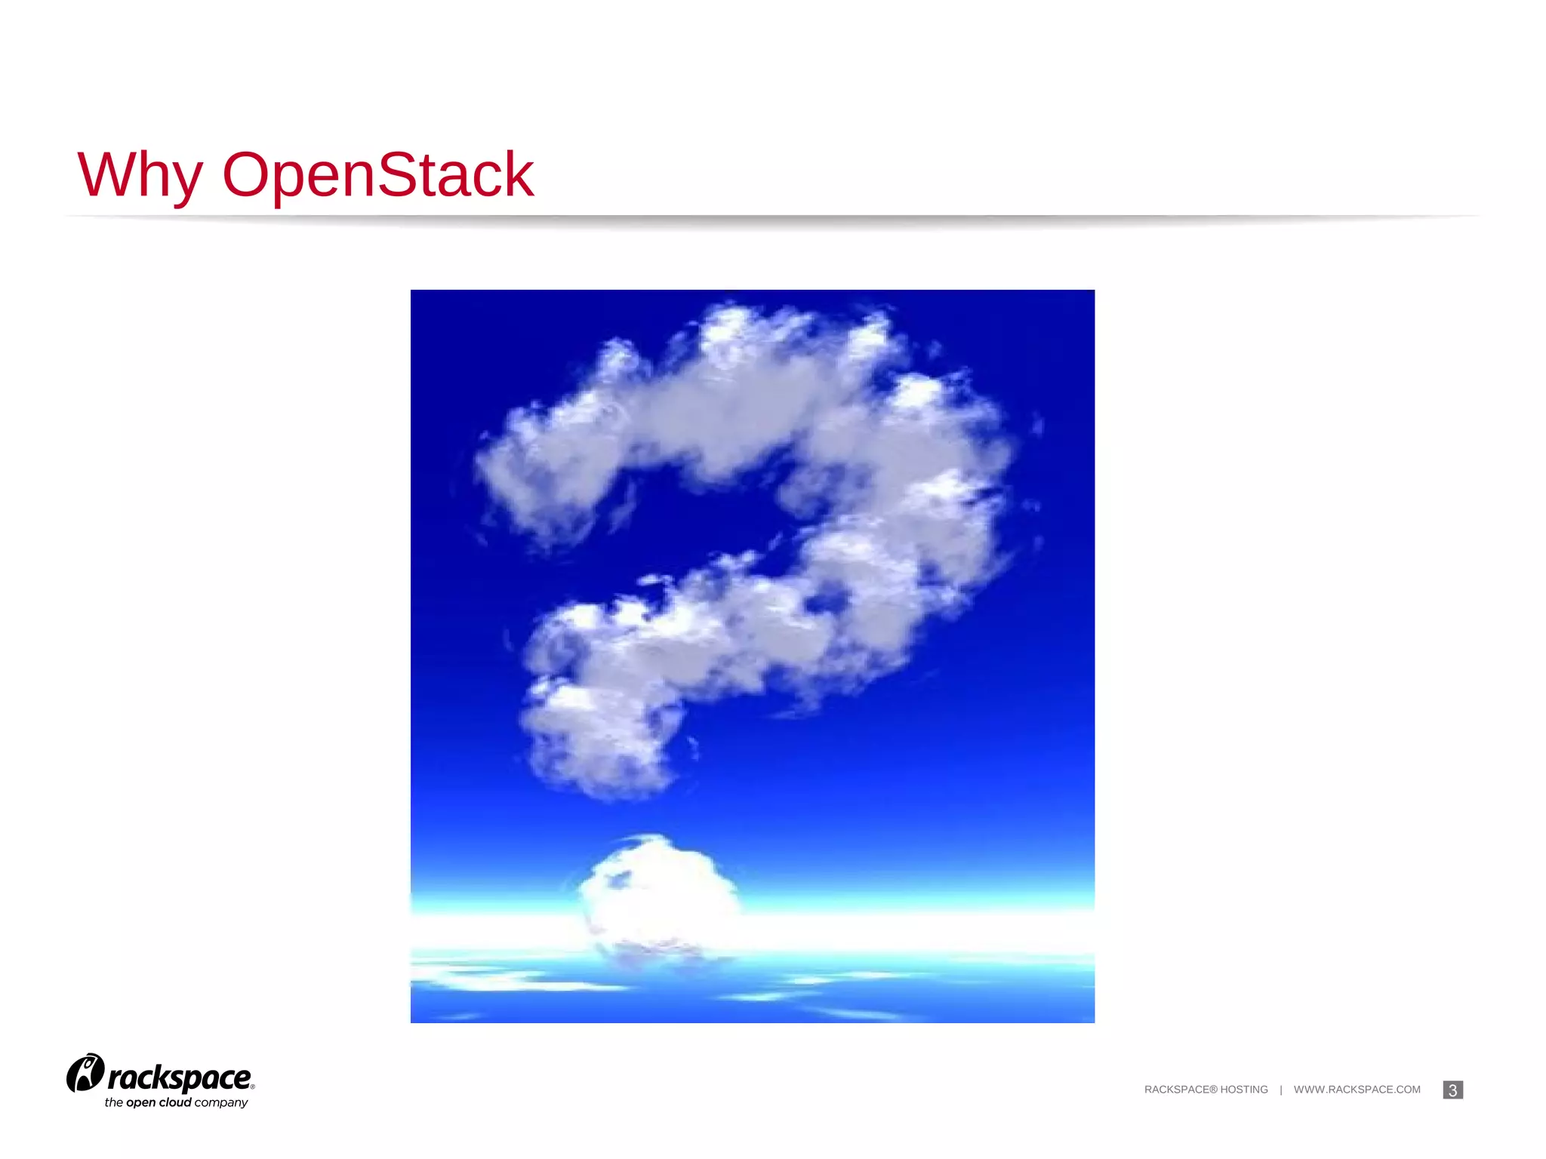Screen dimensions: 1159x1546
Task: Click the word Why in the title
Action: click(140, 175)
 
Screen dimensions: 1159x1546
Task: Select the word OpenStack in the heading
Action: click(378, 175)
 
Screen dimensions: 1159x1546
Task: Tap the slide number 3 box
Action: click(1452, 1090)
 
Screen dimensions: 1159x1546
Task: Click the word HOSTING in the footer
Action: click(1244, 1090)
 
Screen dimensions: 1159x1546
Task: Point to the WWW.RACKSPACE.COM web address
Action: click(1357, 1090)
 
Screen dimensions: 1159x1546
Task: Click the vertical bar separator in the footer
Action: click(1281, 1090)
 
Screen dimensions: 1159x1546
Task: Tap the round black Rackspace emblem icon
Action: click(85, 1072)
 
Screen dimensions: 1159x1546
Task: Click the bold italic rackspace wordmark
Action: click(180, 1078)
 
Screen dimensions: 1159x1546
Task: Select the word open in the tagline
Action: click(140, 1103)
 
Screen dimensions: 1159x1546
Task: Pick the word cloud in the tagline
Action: click(175, 1102)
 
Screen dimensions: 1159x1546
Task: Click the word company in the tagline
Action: click(221, 1103)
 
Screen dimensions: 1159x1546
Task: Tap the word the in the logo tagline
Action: click(113, 1102)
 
